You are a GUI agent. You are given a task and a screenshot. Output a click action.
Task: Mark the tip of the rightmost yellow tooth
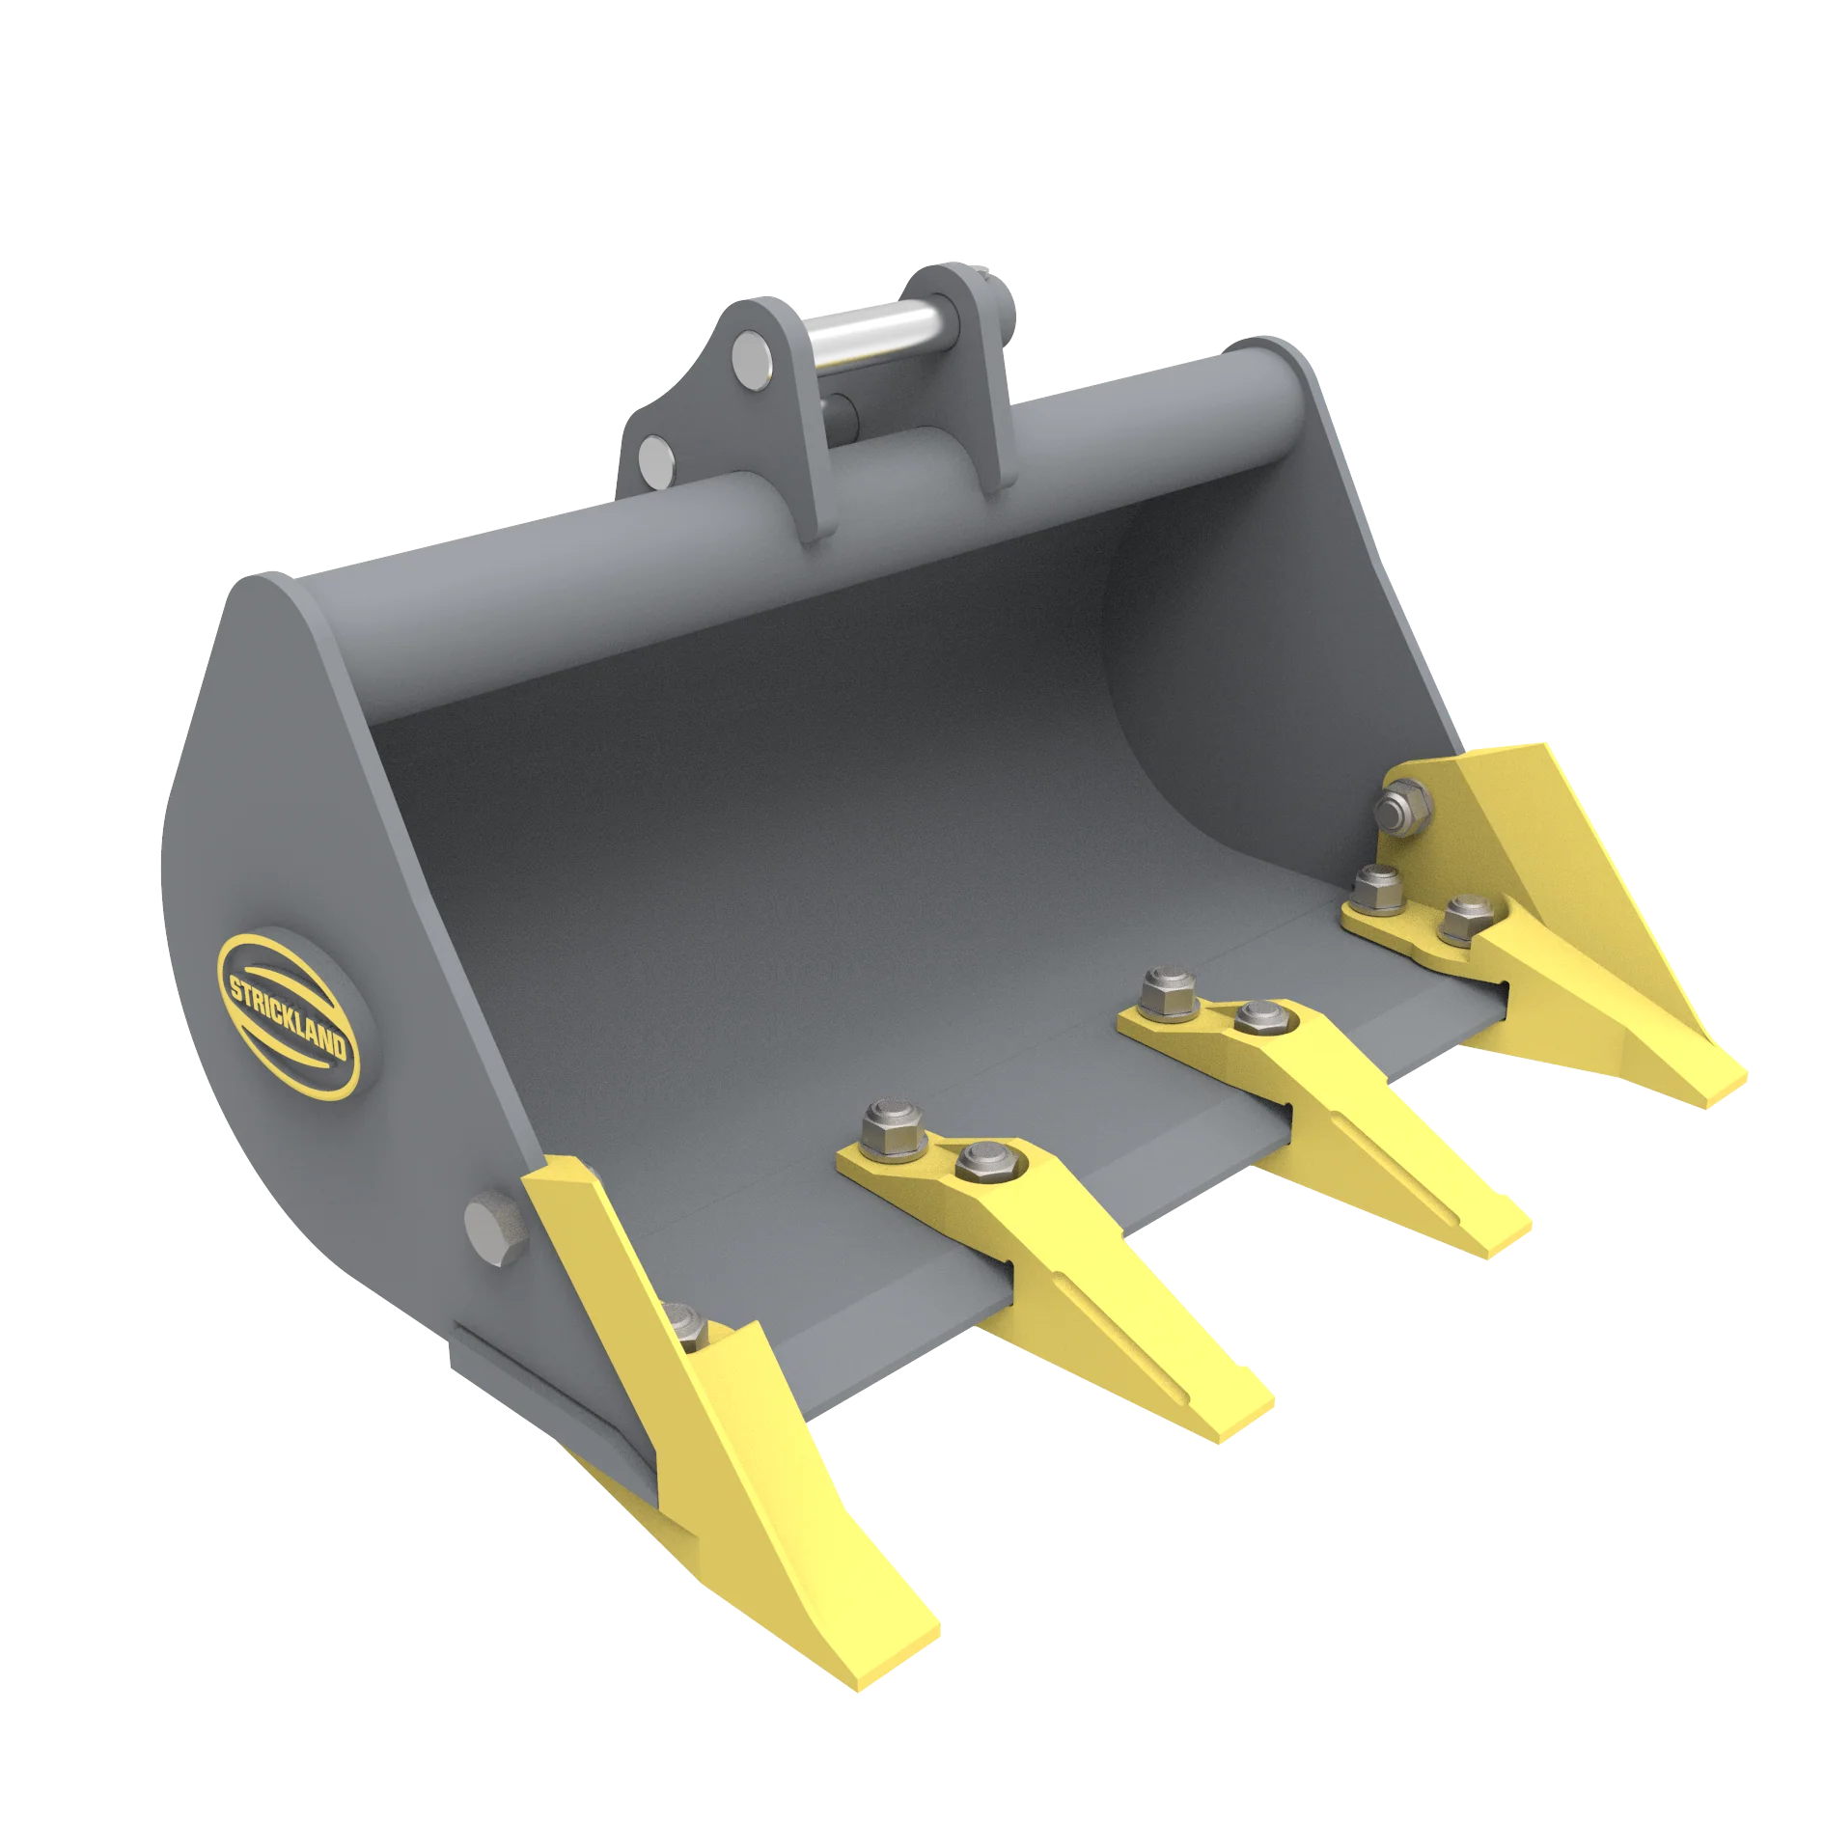(1723, 1086)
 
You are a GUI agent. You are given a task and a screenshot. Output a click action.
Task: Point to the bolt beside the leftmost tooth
(687, 1328)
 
